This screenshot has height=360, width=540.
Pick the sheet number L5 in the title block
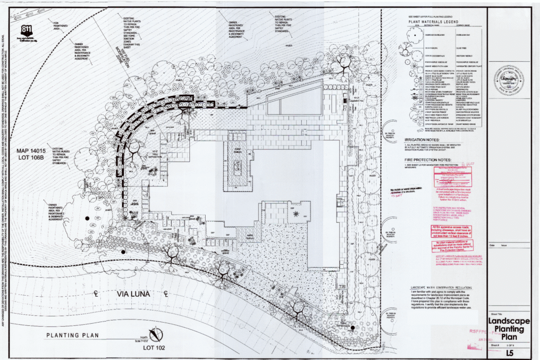(x=509, y=352)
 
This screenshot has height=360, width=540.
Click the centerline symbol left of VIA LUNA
(x=97, y=293)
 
